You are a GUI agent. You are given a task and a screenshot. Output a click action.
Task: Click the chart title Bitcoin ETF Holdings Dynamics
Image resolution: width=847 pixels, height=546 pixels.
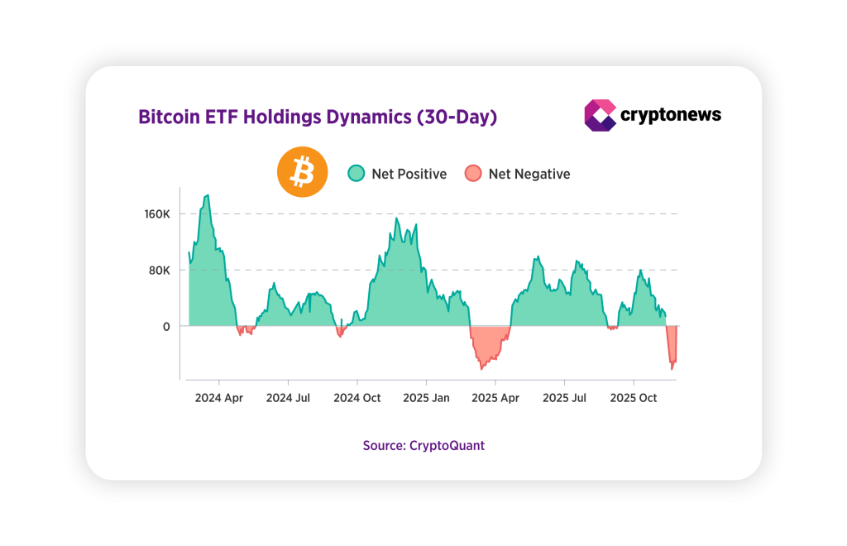pos(317,117)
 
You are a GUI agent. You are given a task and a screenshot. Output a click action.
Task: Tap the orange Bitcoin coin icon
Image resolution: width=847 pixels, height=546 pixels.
pos(302,174)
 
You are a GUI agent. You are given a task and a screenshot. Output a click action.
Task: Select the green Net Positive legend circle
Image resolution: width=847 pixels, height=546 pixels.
pos(356,174)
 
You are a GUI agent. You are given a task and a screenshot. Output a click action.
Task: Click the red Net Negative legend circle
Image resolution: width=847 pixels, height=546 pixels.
pos(473,174)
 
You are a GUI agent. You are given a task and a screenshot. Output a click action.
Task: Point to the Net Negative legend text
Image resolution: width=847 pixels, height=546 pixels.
pos(529,174)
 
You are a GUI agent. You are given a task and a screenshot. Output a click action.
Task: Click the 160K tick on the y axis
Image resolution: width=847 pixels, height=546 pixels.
pos(156,214)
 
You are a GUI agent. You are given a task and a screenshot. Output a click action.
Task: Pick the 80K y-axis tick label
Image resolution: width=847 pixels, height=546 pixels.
pos(159,271)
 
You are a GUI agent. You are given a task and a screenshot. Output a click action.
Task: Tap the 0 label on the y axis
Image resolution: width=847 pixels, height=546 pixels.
pos(166,327)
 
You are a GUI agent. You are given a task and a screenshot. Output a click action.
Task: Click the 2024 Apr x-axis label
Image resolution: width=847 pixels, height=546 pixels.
pos(219,398)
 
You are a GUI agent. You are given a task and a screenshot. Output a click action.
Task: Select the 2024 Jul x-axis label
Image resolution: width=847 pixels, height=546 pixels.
pos(288,398)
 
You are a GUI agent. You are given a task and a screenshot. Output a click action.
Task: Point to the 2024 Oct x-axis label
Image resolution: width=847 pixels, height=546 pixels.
pos(357,398)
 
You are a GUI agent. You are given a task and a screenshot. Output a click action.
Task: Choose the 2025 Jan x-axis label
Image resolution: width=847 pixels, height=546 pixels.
pos(427,398)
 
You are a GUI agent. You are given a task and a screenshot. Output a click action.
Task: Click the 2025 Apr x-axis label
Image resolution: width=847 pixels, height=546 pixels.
pos(495,398)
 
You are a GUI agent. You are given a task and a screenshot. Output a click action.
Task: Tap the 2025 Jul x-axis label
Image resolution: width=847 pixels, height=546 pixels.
pos(565,398)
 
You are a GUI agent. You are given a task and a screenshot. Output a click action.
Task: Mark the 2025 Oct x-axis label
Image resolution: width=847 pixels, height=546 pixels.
pos(634,398)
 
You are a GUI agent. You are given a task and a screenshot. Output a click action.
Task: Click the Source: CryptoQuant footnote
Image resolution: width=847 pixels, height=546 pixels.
pos(423,445)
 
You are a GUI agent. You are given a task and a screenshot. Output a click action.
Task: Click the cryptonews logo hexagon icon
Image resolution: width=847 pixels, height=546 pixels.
pos(600,116)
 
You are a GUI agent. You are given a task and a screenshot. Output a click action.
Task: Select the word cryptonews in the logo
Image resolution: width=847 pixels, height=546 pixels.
pos(671,115)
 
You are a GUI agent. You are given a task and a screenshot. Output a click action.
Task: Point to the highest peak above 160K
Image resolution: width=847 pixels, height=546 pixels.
pos(208,196)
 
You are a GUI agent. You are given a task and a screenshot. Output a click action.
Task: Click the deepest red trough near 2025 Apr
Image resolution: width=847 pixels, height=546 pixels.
pos(481,368)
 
